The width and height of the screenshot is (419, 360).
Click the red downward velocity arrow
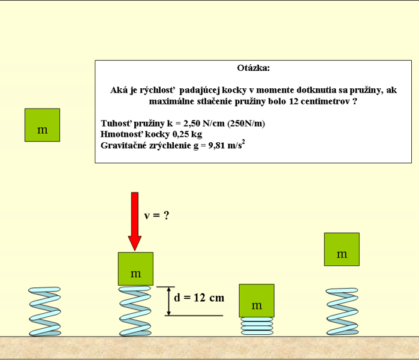(x=135, y=221)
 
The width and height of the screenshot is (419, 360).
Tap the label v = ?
(x=156, y=215)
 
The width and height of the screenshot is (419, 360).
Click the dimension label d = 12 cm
(x=199, y=298)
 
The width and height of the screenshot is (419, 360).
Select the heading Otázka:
(x=254, y=68)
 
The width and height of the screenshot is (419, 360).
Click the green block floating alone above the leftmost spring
(x=42, y=125)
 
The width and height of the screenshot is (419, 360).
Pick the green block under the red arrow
(x=135, y=269)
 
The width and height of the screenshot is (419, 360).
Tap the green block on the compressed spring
(x=257, y=301)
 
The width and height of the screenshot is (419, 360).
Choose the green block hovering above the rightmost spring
(x=342, y=249)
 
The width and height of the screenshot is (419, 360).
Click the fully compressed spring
(x=257, y=326)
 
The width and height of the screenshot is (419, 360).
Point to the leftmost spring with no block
(x=45, y=311)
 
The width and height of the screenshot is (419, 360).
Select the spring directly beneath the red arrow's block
(x=135, y=311)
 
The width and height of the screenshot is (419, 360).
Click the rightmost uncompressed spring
(x=342, y=311)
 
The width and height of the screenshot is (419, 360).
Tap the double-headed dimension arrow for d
(x=168, y=301)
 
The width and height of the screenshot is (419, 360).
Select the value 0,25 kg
(x=187, y=134)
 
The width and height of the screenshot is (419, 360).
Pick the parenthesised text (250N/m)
(x=246, y=123)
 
